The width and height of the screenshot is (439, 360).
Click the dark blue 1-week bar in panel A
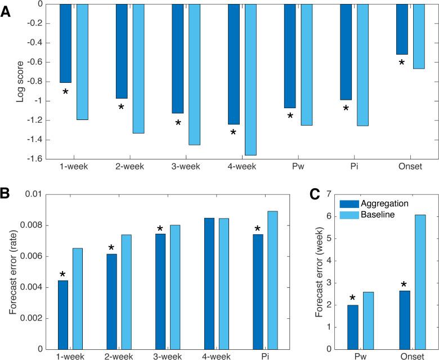(65, 43)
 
